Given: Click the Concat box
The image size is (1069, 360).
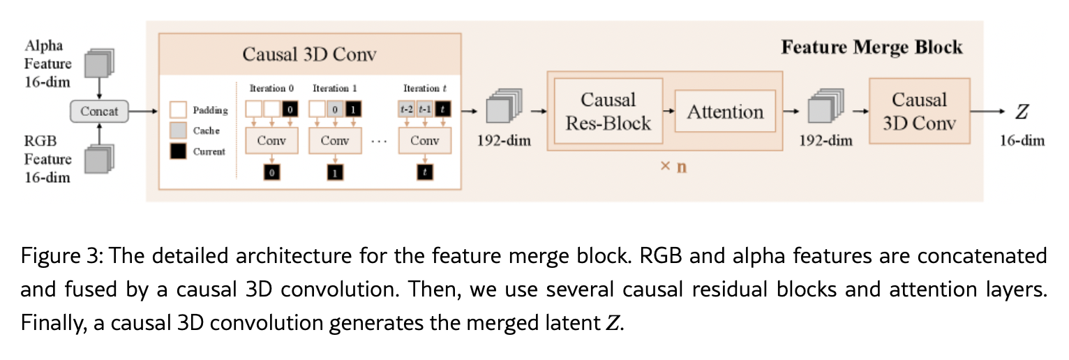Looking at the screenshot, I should click(x=100, y=110).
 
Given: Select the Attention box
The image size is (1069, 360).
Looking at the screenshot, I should click(x=725, y=112).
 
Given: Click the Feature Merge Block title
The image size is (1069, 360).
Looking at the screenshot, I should click(x=872, y=47).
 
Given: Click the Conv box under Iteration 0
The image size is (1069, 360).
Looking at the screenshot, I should click(x=271, y=140).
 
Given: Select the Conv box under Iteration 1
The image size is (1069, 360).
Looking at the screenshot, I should click(x=335, y=140).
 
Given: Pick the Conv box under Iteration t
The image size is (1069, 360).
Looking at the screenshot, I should click(x=425, y=140).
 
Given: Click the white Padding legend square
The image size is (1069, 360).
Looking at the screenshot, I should click(x=178, y=110).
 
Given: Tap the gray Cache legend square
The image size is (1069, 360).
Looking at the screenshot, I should click(x=178, y=130).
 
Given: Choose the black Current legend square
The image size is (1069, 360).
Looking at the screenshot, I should click(x=178, y=151).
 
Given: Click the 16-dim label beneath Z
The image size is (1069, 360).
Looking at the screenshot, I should click(x=1022, y=141).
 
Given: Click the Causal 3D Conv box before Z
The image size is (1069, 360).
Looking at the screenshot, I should click(x=918, y=112).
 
